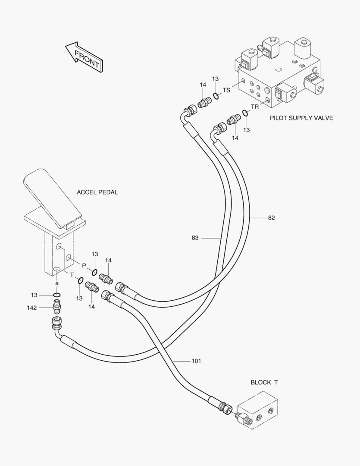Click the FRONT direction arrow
(84, 57)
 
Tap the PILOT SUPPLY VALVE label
(301, 118)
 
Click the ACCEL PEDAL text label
(97, 192)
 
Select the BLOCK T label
(264, 382)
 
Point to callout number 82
(271, 218)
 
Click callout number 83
(195, 238)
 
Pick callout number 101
(196, 361)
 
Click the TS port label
(226, 90)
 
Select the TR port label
(255, 107)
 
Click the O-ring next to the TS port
(216, 96)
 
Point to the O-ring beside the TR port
(244, 113)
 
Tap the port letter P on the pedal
(84, 265)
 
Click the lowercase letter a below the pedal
(56, 283)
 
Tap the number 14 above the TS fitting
(203, 85)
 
